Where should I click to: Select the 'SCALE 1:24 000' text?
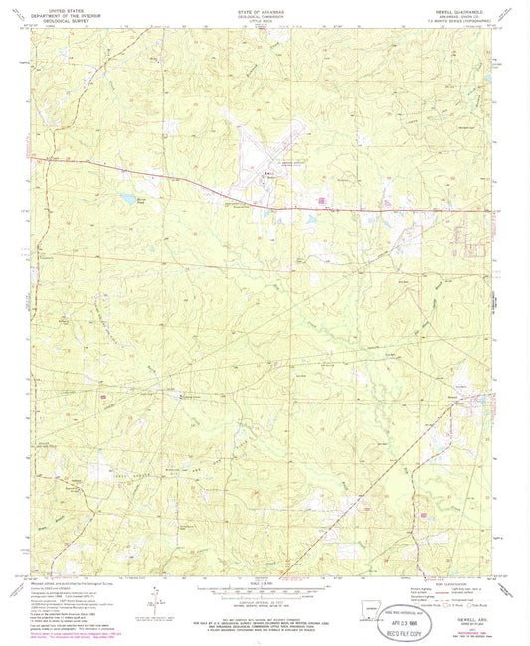tap(265, 581)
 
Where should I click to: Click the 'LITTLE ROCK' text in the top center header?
tap(265, 20)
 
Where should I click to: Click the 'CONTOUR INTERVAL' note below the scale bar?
tap(265, 602)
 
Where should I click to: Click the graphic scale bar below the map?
tap(265, 591)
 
